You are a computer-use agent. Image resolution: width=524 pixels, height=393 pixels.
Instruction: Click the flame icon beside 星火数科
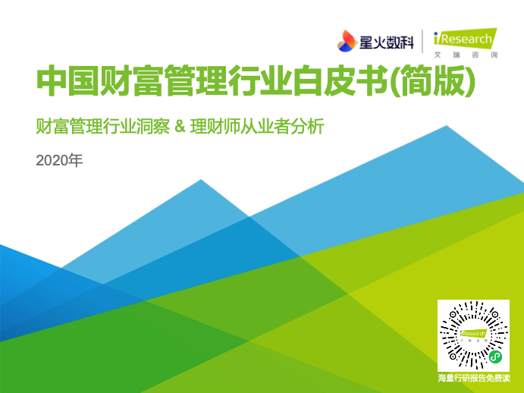[x=347, y=41]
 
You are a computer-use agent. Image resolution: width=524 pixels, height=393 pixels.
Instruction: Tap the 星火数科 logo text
[x=386, y=42]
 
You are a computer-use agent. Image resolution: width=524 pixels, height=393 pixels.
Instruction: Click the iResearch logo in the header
[x=465, y=39]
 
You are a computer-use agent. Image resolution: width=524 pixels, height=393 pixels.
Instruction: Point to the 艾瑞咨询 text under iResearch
[x=466, y=55]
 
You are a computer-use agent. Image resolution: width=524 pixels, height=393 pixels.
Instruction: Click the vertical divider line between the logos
[x=422, y=41]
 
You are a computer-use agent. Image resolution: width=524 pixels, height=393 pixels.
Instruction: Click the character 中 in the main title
[x=52, y=81]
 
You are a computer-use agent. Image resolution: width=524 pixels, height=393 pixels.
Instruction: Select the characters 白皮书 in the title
[x=340, y=81]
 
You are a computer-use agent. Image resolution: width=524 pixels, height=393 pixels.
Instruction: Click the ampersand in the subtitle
[x=180, y=127]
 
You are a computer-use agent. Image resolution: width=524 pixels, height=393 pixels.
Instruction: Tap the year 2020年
[x=59, y=161]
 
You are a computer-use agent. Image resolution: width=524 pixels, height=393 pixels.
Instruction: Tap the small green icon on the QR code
[x=495, y=357]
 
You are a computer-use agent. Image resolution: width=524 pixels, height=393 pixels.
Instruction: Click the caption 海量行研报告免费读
[x=474, y=379]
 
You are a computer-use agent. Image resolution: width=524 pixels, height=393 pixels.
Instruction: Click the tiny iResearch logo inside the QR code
[x=473, y=335]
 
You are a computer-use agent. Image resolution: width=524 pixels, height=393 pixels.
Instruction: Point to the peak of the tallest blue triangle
[x=447, y=126]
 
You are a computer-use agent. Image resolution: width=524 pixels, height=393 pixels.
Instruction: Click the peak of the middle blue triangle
[x=201, y=180]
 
